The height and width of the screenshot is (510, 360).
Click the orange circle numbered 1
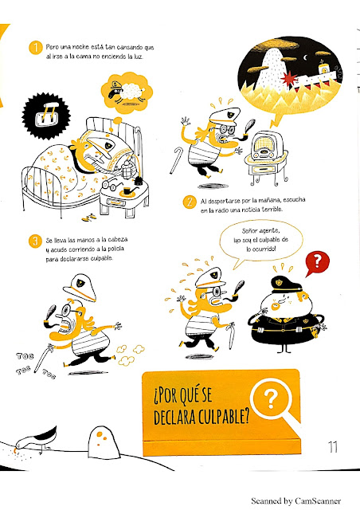tap(36, 48)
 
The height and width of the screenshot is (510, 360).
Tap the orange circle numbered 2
tap(189, 202)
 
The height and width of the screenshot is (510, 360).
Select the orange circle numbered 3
tap(35, 241)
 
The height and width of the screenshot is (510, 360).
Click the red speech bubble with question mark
tap(317, 263)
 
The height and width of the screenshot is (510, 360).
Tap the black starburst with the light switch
tap(46, 116)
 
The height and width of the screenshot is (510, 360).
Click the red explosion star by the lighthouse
tap(289, 79)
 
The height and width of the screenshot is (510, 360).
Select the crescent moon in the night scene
tap(305, 58)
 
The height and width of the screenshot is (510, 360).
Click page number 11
tap(333, 447)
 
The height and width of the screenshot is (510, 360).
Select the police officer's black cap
tap(285, 284)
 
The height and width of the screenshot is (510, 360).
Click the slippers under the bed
tap(88, 218)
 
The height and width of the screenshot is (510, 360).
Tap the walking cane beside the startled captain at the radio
tap(176, 160)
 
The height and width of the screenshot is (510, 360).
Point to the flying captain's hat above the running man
tap(80, 287)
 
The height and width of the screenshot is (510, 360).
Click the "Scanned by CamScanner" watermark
tap(296, 501)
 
